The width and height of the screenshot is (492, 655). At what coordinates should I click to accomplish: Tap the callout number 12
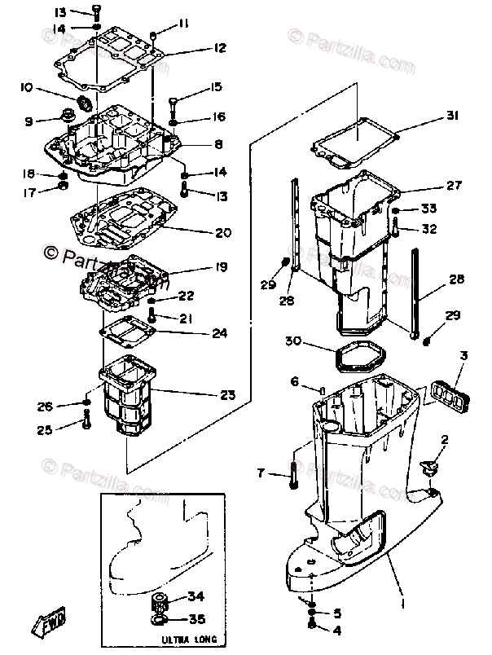(x=218, y=48)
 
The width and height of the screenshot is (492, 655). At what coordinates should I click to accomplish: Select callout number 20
(x=224, y=232)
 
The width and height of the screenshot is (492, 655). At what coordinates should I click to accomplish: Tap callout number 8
(x=218, y=144)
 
